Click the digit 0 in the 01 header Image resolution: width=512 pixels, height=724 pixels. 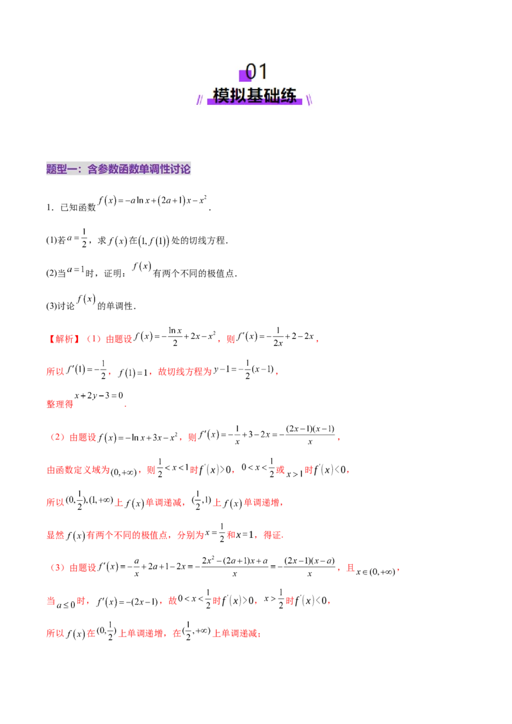252,72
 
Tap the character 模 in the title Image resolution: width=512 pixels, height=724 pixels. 221,96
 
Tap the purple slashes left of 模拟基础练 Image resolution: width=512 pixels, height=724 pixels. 200,98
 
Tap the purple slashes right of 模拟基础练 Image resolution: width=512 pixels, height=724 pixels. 309,98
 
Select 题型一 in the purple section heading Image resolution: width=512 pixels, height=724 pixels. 61,169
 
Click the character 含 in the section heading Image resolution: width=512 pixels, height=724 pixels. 92,169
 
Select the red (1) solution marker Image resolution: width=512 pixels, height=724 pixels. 94,339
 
